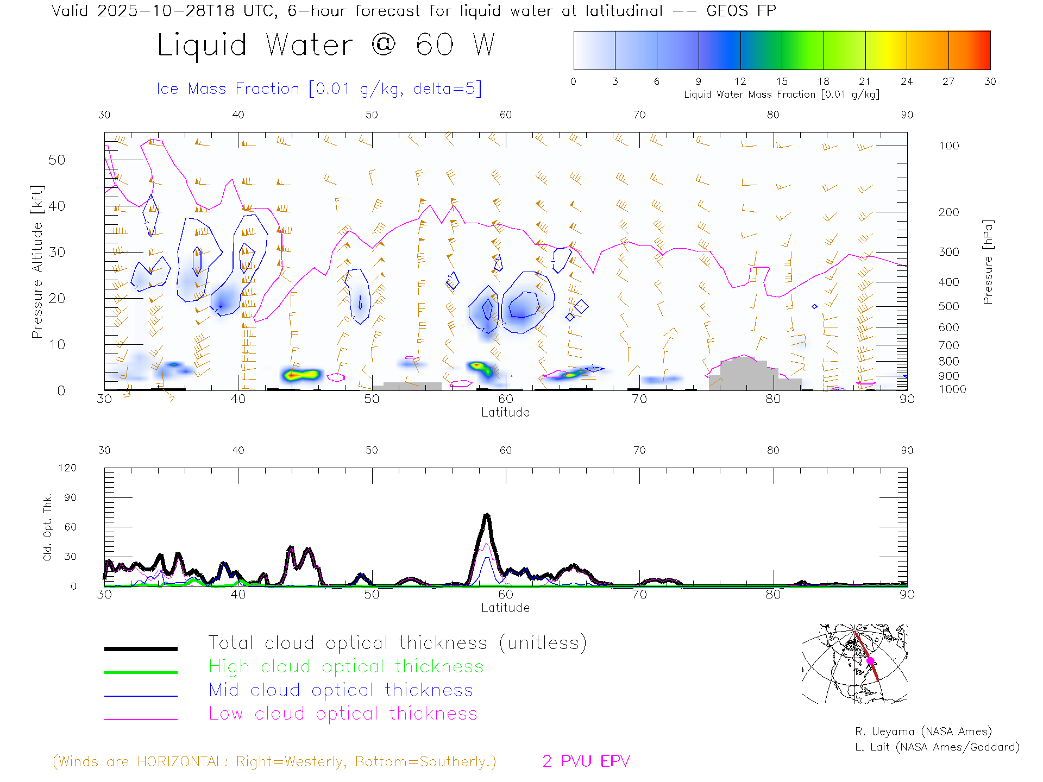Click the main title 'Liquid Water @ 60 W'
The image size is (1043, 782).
click(x=326, y=45)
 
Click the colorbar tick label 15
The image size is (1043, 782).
click(x=782, y=81)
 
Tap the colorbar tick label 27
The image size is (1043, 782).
click(x=948, y=81)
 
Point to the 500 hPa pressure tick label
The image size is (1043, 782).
click(x=948, y=306)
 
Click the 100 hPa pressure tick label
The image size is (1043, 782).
click(x=948, y=146)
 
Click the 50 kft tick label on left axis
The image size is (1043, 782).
click(x=56, y=160)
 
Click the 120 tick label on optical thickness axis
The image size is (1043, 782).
click(x=68, y=468)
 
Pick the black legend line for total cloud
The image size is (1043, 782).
click(x=141, y=648)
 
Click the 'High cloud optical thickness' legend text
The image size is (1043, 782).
click(x=346, y=666)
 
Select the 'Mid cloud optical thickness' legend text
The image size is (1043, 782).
click(x=341, y=690)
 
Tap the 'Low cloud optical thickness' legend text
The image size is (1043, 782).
click(x=343, y=714)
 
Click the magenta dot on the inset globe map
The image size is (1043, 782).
click(x=870, y=661)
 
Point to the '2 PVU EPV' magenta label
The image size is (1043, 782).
click(x=586, y=761)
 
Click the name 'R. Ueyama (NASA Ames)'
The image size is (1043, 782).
click(x=923, y=731)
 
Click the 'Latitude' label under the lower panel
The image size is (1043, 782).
click(x=505, y=608)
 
